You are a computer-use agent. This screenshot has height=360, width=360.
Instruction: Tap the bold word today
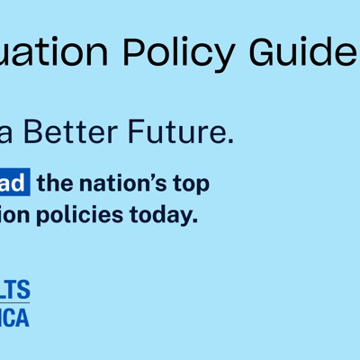tap(162, 216)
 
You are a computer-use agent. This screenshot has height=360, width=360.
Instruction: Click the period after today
tap(193, 222)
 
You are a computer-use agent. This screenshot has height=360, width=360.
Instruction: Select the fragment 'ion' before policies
tap(17, 216)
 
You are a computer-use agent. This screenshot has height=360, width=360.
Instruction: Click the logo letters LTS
tap(15, 290)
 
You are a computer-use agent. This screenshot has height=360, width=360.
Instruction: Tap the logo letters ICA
tap(15, 317)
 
